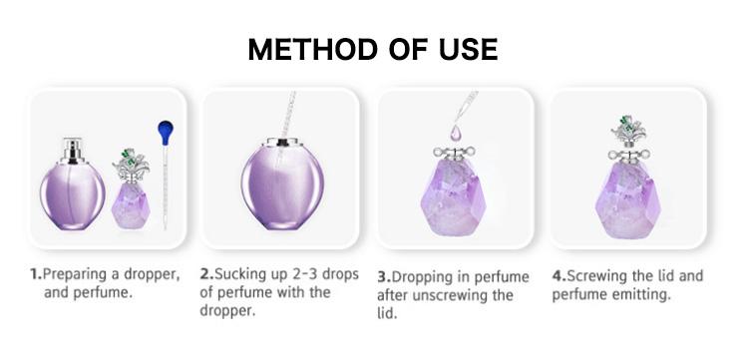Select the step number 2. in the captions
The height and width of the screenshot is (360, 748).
(206, 272)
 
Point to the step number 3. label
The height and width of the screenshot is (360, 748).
(383, 277)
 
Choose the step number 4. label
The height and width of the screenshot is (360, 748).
(559, 275)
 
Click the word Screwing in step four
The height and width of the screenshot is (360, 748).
(599, 275)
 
